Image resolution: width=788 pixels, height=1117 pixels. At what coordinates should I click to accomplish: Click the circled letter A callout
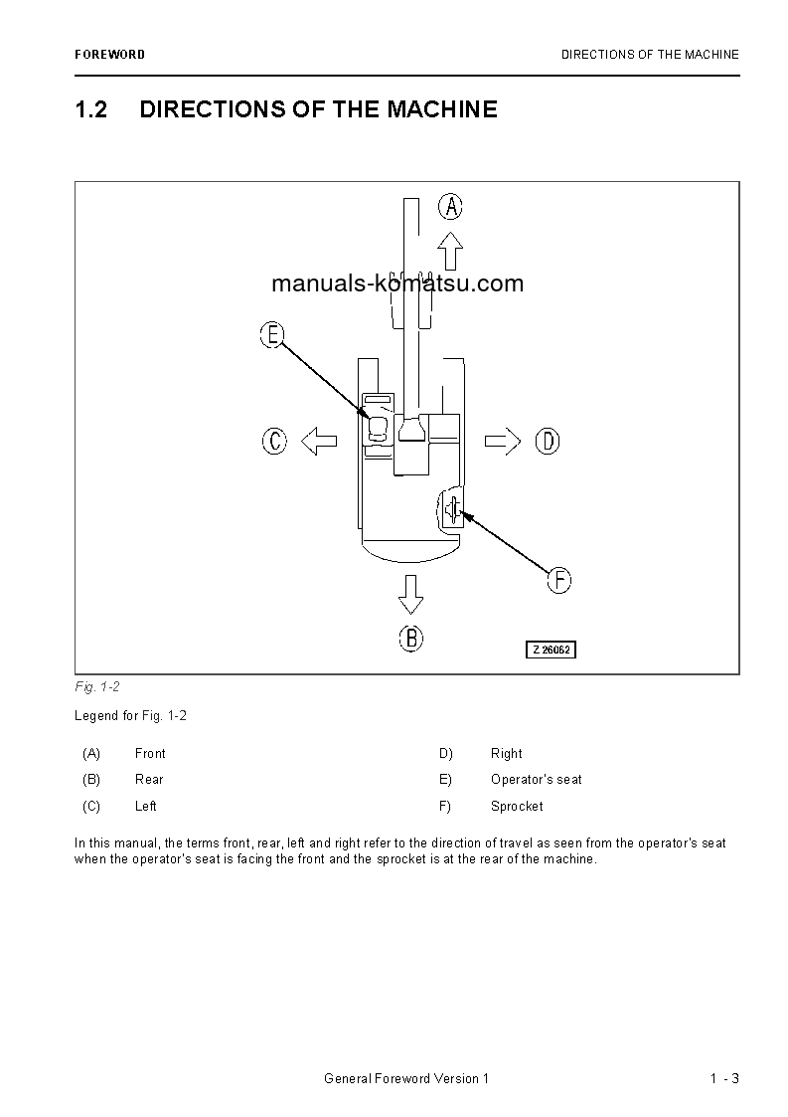(x=450, y=207)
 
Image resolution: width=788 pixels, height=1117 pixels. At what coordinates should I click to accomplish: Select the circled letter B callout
(x=411, y=638)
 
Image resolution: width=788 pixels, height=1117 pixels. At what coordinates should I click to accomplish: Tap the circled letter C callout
(x=274, y=441)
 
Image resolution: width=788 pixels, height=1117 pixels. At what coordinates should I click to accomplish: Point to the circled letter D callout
(x=548, y=441)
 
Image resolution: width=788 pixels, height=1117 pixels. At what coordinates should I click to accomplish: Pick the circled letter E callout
(x=271, y=335)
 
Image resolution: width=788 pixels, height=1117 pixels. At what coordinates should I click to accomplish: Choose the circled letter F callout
(x=559, y=580)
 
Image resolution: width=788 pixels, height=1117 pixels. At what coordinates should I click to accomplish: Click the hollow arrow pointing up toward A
(x=450, y=251)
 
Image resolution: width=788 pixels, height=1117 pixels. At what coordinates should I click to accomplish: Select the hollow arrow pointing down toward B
(x=410, y=594)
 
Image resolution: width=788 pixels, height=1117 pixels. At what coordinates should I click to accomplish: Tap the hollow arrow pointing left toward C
(x=318, y=441)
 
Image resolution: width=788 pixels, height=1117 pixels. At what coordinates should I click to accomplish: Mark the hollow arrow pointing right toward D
(x=503, y=441)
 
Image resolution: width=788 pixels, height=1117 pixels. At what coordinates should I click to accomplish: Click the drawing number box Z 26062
(x=552, y=650)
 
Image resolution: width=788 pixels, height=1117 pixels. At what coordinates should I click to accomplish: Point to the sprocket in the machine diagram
(x=453, y=510)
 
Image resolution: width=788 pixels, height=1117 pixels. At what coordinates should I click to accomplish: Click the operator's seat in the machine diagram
(x=378, y=429)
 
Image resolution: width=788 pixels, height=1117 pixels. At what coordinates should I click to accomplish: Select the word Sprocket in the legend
(x=517, y=806)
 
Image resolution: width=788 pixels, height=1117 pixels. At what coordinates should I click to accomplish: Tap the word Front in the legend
(x=150, y=753)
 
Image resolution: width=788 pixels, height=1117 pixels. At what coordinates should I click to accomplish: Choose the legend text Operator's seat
(x=537, y=779)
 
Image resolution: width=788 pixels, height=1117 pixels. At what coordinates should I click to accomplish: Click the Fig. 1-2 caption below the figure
(x=97, y=687)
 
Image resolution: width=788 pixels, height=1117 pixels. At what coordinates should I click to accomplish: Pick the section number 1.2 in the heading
(x=91, y=109)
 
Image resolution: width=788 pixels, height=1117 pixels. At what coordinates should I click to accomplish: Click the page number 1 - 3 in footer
(x=724, y=1079)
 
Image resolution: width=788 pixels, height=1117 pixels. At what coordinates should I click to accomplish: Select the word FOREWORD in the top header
(x=109, y=55)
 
